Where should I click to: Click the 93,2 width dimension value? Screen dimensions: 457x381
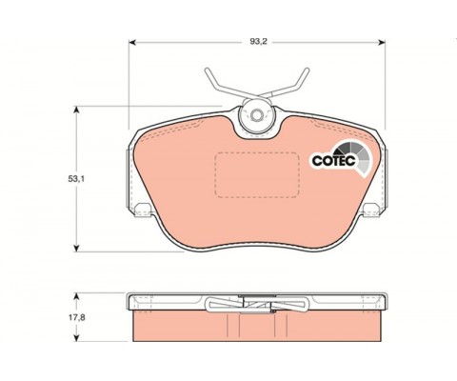tap(258, 41)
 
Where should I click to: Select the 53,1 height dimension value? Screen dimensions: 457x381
tap(76, 179)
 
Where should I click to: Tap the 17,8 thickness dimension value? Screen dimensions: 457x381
tap(76, 317)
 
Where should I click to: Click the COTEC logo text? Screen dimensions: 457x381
tap(333, 161)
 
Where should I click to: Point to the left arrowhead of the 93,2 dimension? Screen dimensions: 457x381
tap(132, 42)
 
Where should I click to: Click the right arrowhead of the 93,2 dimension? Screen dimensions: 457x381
tap(382, 42)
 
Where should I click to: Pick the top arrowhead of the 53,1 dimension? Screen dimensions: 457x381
tap(76, 110)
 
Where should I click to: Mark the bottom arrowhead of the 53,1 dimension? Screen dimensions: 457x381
tap(76, 248)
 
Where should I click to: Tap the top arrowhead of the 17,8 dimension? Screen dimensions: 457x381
tap(76, 296)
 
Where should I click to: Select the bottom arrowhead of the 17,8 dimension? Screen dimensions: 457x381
tap(76, 338)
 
